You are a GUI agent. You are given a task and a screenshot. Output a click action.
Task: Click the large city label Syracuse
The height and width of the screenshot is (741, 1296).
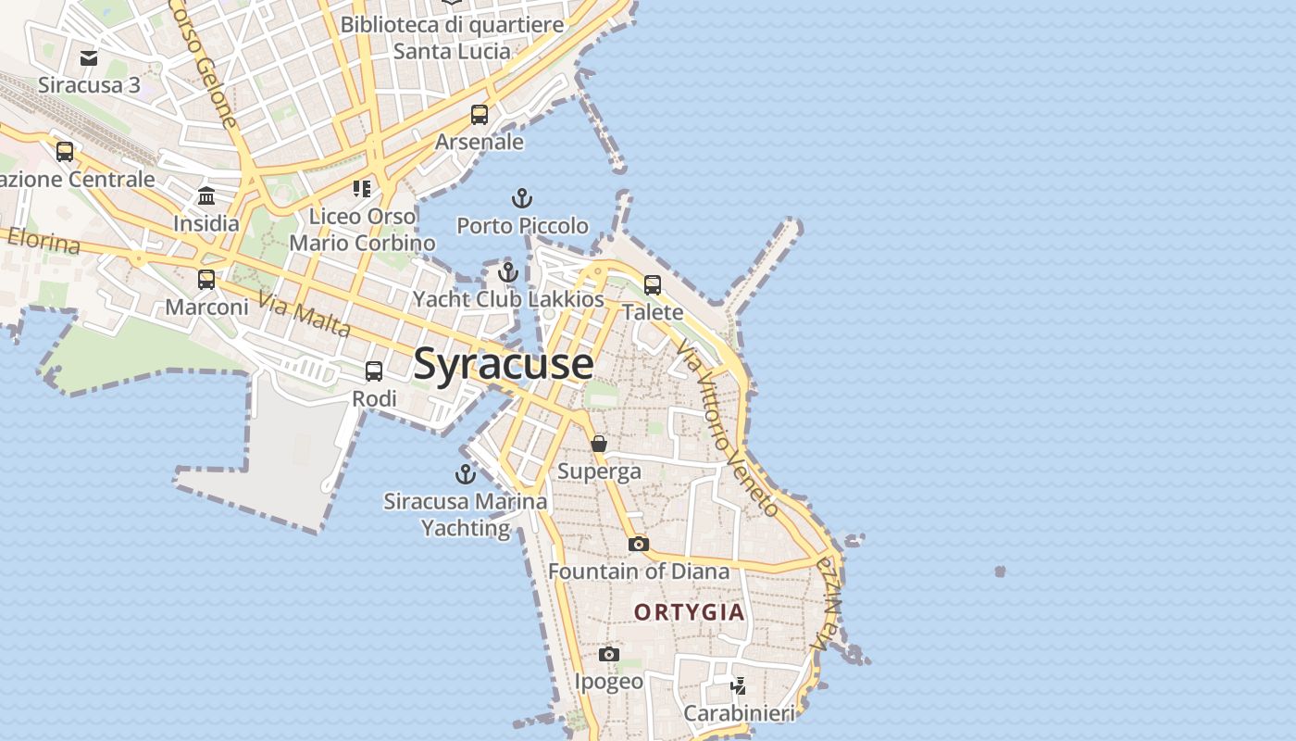(x=504, y=363)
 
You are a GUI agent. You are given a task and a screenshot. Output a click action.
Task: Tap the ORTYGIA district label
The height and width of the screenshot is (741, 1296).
(x=690, y=612)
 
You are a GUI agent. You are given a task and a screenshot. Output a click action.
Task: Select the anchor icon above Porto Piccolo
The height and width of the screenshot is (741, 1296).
(x=522, y=198)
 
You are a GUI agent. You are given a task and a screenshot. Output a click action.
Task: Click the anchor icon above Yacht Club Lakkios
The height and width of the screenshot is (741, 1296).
(x=507, y=272)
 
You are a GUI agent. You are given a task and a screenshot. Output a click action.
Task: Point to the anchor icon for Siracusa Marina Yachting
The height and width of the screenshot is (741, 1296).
(x=465, y=474)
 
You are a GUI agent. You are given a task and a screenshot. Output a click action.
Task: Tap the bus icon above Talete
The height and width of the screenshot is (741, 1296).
(x=653, y=285)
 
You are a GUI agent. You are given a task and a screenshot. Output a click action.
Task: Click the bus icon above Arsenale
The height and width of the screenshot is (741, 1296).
(x=480, y=115)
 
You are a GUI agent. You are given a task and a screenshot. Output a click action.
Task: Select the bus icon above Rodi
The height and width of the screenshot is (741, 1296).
(x=374, y=371)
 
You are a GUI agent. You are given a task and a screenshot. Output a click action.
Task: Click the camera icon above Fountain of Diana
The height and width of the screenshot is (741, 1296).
(x=638, y=544)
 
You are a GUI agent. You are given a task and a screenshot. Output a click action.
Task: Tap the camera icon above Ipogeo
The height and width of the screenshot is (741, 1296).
(x=608, y=655)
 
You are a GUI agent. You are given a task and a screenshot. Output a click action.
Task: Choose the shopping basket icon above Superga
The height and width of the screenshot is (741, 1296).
(x=599, y=444)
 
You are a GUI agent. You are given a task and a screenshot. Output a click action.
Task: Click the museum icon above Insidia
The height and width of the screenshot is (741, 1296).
(x=206, y=196)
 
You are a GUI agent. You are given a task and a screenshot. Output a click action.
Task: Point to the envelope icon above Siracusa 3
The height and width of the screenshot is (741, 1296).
(x=89, y=58)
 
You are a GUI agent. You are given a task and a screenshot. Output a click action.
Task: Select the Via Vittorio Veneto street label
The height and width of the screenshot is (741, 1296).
(x=728, y=427)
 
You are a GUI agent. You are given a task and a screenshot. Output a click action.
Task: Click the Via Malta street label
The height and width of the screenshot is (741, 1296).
(x=305, y=315)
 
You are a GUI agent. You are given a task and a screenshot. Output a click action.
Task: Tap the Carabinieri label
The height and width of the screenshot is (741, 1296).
(x=739, y=713)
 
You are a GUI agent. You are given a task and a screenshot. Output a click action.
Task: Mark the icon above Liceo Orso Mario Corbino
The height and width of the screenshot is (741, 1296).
(x=362, y=189)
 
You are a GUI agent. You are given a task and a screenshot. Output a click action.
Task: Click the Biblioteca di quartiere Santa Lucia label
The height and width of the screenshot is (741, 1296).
(x=452, y=37)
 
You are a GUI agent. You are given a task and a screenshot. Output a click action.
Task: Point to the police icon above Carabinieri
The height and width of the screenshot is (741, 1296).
(x=738, y=686)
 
